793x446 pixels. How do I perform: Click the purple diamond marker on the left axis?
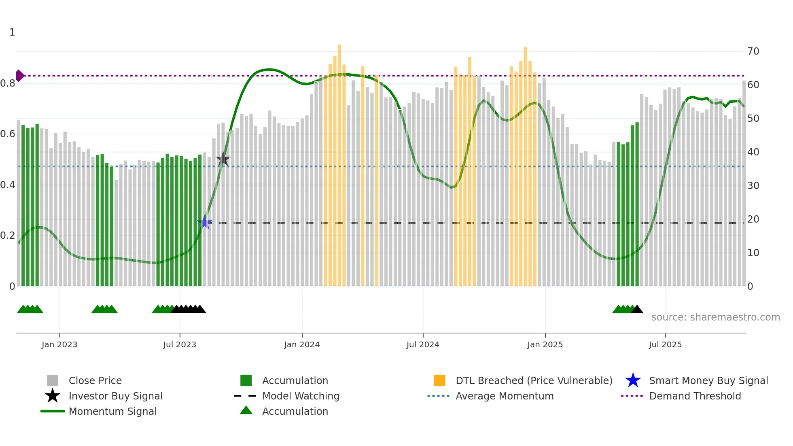coord(19,76)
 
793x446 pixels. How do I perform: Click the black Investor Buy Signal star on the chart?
coord(223,159)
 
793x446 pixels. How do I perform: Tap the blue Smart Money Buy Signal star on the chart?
coord(205,222)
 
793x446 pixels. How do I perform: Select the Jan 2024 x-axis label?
coord(302,344)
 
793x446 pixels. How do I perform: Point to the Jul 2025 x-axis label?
coord(665,344)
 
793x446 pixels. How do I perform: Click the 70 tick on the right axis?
coord(753,51)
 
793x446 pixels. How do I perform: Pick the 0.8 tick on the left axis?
coord(8,84)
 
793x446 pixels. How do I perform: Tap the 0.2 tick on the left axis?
coord(8,236)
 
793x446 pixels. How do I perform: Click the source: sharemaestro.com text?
coord(715,317)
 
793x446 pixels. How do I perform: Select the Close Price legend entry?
coord(95,380)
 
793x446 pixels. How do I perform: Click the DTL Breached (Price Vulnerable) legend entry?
coord(534,380)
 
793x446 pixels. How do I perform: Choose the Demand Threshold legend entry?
coord(695,396)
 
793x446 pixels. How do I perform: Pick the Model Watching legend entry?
coord(300,396)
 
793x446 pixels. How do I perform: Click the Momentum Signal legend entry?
coord(112,411)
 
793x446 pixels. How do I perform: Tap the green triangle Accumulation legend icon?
coord(246,410)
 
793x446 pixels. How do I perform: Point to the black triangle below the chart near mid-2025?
coord(637,310)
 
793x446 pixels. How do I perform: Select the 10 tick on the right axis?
coord(753,253)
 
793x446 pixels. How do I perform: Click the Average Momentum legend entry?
coord(504,396)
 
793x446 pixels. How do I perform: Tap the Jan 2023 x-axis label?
coord(59,344)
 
